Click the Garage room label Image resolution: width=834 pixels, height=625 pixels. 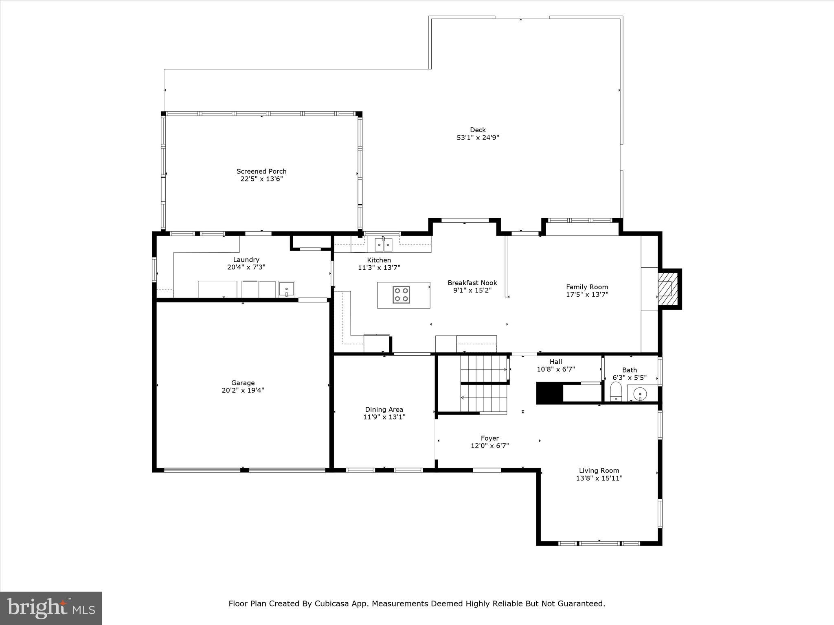243,382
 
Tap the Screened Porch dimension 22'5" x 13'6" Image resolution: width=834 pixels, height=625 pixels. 261,179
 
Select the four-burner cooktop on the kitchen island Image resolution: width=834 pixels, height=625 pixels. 401,294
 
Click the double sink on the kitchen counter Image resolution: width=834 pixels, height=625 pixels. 383,245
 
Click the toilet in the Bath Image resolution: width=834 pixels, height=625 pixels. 616,391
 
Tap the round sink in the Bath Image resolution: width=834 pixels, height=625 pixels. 641,394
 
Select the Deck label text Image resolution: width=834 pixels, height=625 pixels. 478,130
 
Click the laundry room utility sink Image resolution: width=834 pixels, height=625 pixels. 287,289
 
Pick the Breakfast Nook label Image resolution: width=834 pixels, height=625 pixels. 472,283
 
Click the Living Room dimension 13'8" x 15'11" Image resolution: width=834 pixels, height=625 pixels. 599,478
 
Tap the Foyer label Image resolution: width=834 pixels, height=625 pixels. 489,438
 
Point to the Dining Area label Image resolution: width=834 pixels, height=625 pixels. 384,409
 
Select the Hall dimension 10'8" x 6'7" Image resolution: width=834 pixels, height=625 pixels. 555,369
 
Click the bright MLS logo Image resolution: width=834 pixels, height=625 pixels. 51,608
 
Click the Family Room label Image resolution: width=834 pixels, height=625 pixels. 587,287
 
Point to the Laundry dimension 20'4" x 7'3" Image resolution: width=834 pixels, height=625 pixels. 246,267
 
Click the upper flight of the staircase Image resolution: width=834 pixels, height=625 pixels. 483,368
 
